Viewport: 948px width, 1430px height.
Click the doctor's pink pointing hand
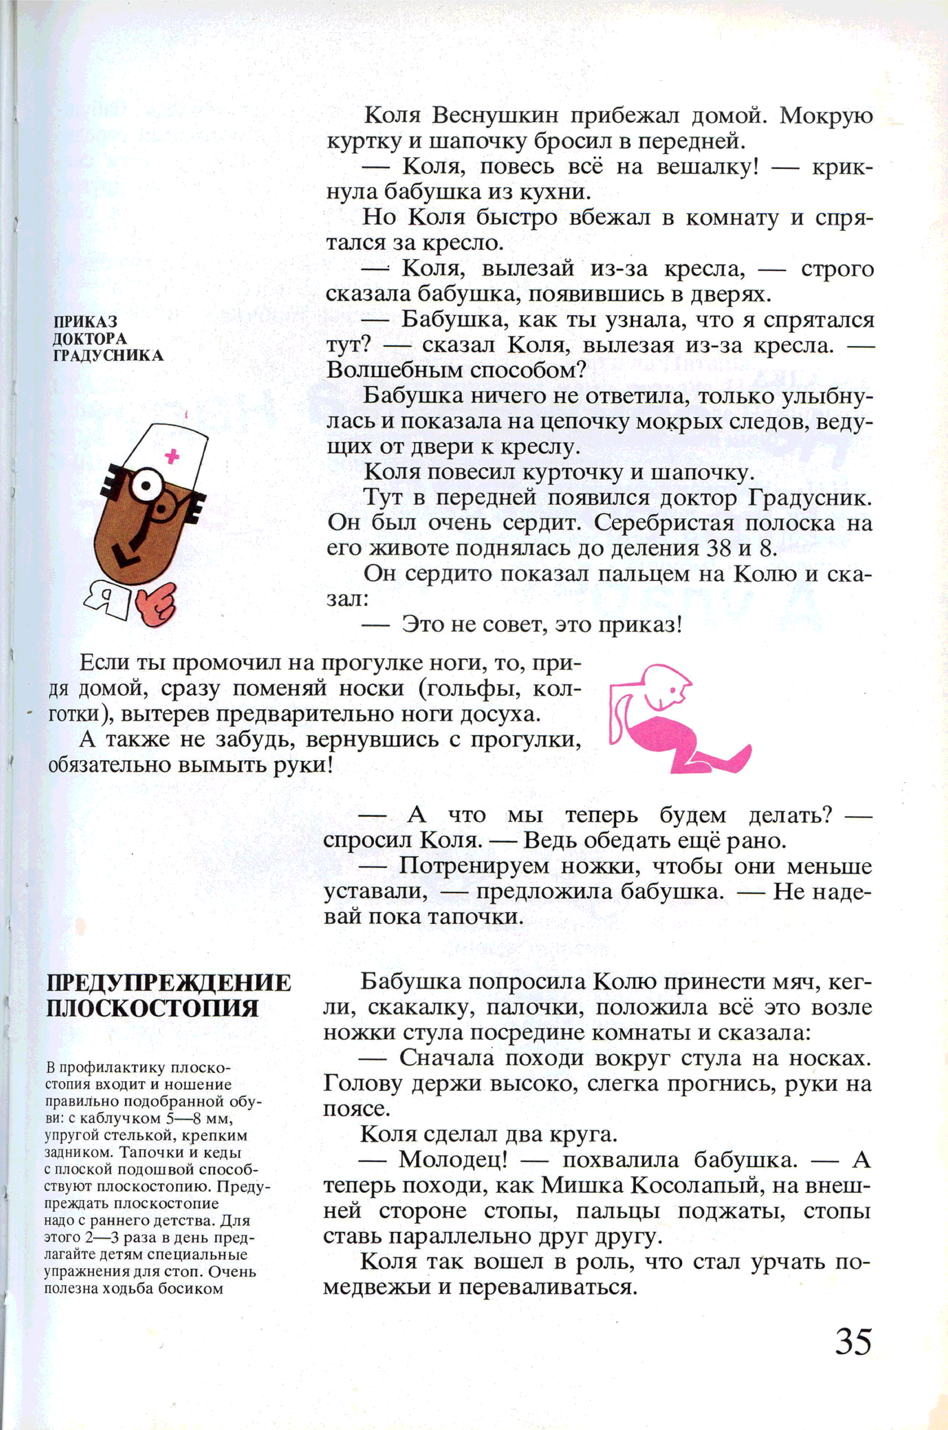point(156,604)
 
